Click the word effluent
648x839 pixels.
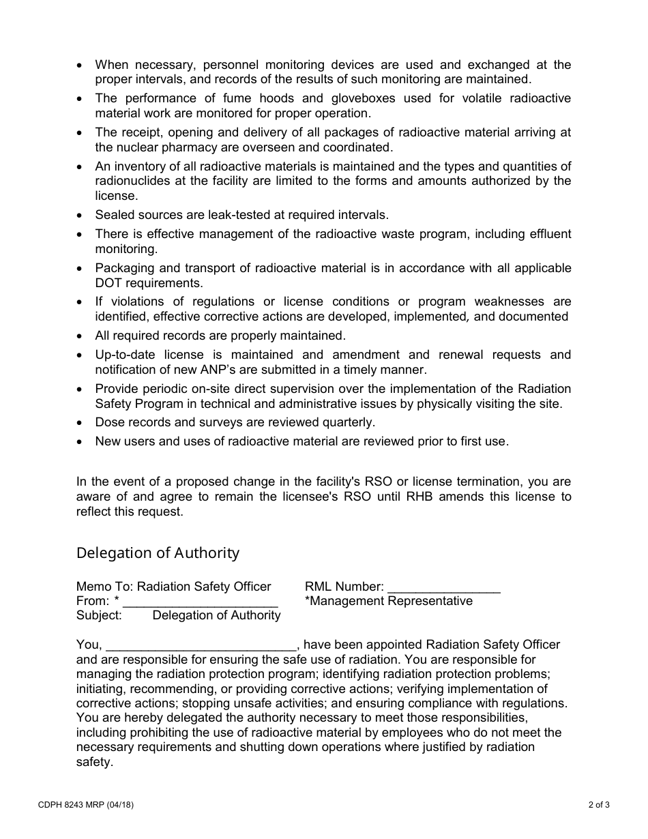[546, 235]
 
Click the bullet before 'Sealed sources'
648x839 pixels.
[81, 216]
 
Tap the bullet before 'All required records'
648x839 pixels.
[81, 336]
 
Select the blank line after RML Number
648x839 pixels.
[443, 587]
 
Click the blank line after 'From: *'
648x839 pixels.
[201, 602]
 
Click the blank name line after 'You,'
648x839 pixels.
[201, 645]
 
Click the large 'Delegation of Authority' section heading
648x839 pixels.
[158, 553]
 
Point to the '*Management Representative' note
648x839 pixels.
[389, 601]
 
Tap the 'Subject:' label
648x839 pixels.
[99, 615]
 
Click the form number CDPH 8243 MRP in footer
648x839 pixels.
[86, 805]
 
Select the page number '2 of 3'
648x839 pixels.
[598, 805]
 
